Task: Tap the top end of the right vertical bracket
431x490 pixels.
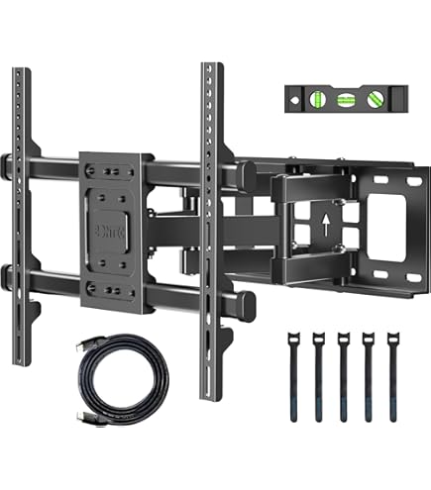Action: click(x=209, y=69)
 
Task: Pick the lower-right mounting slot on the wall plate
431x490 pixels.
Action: click(x=402, y=280)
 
